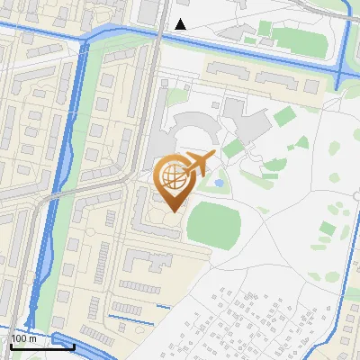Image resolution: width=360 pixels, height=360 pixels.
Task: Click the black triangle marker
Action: [x=180, y=24]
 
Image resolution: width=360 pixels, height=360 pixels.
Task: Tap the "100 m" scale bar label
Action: [x=24, y=338]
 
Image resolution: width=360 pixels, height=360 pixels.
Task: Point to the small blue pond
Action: [x=219, y=183]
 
